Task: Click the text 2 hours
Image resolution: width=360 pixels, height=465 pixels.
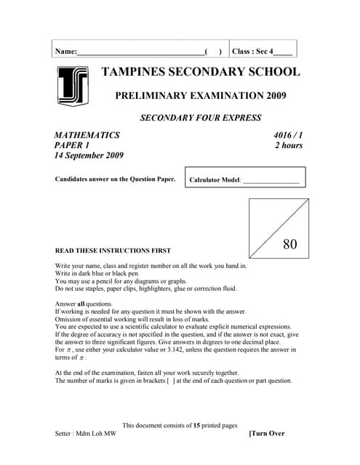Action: pyautogui.click(x=288, y=145)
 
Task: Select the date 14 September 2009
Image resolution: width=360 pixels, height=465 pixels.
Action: pyautogui.click(x=89, y=155)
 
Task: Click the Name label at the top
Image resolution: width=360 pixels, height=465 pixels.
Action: pyautogui.click(x=65, y=52)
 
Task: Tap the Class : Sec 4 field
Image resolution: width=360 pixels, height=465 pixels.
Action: pyautogui.click(x=262, y=52)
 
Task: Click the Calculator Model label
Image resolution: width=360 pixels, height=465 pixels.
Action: pyautogui.click(x=214, y=179)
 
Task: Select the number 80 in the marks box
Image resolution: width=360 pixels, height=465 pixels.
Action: pyautogui.click(x=290, y=244)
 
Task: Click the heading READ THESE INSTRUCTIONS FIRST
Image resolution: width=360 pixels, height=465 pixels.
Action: pyautogui.click(x=113, y=250)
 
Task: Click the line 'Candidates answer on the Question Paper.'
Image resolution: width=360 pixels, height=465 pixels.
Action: pyautogui.click(x=115, y=179)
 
